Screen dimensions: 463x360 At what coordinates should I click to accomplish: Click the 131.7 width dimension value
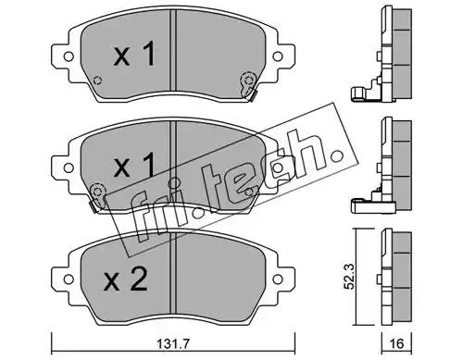click(173, 343)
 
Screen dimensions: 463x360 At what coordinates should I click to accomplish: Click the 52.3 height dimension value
click(350, 276)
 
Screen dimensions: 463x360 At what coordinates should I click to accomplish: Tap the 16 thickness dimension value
click(396, 343)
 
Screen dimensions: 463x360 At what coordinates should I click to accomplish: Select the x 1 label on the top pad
click(134, 54)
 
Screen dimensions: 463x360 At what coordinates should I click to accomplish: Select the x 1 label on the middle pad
click(134, 166)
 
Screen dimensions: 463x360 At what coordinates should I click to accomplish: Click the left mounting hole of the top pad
click(69, 56)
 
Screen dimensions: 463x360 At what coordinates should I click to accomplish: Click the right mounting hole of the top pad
click(278, 56)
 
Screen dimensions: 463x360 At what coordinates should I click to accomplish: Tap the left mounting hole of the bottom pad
click(69, 279)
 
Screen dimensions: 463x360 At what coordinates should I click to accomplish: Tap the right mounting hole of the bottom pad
click(278, 279)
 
